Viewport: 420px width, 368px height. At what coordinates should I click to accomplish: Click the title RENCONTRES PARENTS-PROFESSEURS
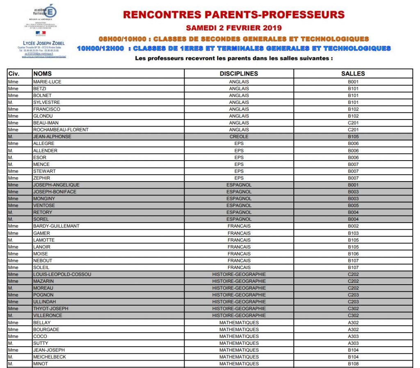(x=234, y=15)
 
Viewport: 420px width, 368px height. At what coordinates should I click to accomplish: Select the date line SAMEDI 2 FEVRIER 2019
(x=234, y=28)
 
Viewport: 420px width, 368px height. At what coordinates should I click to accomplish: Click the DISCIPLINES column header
(x=239, y=74)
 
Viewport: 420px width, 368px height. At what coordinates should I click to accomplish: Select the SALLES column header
(x=353, y=74)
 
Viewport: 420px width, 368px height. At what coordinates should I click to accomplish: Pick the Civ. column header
(x=14, y=74)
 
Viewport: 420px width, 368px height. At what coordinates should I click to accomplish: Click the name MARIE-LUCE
(x=47, y=82)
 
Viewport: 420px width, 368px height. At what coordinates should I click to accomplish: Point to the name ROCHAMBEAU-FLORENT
(x=61, y=130)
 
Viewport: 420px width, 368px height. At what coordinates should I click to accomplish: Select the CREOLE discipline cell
(x=239, y=137)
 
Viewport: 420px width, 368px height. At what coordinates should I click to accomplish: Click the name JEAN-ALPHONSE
(x=52, y=137)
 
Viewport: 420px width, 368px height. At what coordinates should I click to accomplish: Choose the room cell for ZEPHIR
(x=353, y=178)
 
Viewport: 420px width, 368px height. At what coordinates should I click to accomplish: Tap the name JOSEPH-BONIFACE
(x=55, y=192)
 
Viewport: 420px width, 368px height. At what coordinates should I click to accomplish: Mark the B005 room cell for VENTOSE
(x=353, y=205)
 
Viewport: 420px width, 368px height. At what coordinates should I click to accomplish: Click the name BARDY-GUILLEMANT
(x=56, y=226)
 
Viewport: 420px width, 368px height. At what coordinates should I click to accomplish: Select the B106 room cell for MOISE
(x=353, y=254)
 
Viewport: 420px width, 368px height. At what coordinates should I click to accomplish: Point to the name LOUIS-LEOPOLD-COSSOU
(x=62, y=274)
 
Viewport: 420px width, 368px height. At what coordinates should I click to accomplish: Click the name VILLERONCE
(x=48, y=315)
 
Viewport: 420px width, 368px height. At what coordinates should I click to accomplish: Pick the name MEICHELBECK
(x=49, y=357)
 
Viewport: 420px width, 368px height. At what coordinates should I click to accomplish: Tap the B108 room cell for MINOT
(x=353, y=364)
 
